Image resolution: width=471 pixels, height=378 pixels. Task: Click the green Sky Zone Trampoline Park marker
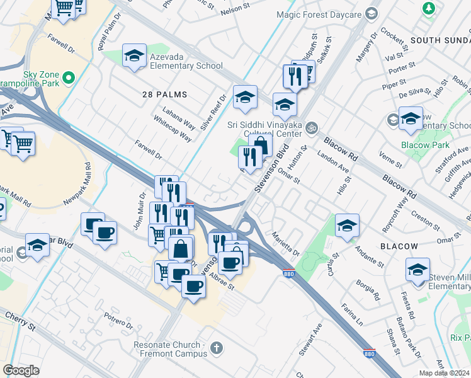click(69, 77)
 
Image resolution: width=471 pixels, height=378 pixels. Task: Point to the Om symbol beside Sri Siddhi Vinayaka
click(310, 129)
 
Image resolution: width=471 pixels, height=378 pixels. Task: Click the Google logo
click(21, 370)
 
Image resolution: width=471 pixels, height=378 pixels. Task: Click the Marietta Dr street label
click(286, 244)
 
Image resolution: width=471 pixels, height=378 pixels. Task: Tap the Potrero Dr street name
click(119, 322)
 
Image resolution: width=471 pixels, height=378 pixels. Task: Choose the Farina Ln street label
click(352, 314)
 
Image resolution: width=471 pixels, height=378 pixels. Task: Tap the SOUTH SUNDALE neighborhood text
click(440, 40)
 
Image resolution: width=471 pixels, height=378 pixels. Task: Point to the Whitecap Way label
click(173, 129)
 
